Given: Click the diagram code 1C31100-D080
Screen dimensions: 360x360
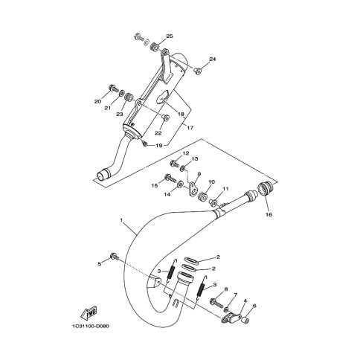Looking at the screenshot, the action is tap(90, 326).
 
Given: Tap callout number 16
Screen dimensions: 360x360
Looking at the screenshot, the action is tap(269, 214).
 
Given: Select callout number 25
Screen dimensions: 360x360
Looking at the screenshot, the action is tap(170, 36).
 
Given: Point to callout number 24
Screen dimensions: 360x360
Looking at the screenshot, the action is tap(213, 59).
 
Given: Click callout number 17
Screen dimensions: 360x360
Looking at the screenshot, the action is tap(190, 128).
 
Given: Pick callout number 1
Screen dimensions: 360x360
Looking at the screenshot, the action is tap(121, 220).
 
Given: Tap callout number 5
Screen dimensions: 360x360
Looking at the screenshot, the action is tap(100, 264).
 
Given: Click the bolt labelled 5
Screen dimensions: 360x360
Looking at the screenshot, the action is tap(114, 256).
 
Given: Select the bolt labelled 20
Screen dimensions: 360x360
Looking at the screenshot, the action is tap(114, 89).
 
